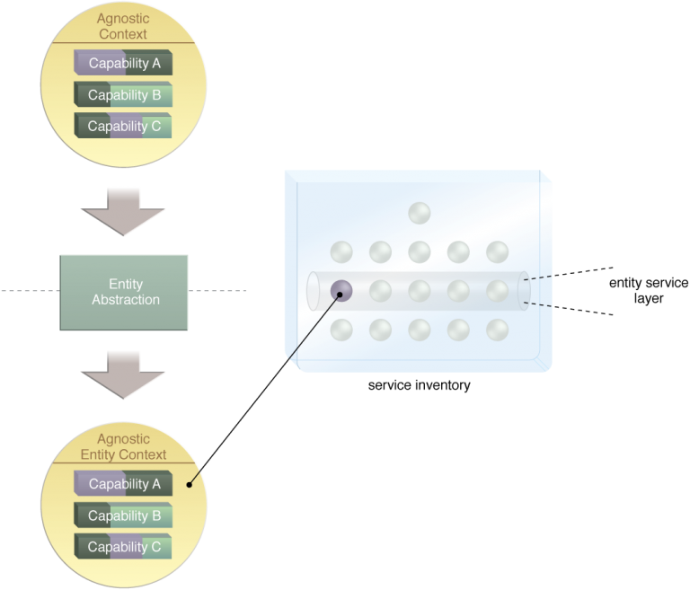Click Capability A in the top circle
coord(124,64)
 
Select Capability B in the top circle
coord(124,95)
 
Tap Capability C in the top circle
coord(124,126)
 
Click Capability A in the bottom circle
coord(124,484)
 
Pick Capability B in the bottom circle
coord(124,515)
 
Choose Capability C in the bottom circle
coord(124,546)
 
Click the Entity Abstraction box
coord(125,292)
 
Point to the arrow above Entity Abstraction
coord(123,211)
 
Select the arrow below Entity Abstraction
coord(123,374)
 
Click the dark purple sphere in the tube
coord(341,290)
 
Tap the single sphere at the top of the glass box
coord(419,214)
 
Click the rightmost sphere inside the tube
coord(497,290)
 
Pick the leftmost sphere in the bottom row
coord(341,330)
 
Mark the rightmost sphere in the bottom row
coord(497,330)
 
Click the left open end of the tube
coord(314,291)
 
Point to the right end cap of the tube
coord(524,291)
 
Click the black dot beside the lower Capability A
coord(190,484)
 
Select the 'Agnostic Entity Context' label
coord(124,447)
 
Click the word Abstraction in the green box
coord(126,300)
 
